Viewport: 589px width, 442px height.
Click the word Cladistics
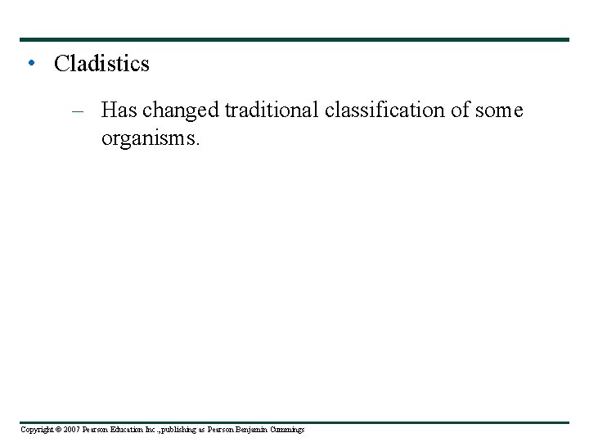[101, 64]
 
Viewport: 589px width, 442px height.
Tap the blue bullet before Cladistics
[30, 62]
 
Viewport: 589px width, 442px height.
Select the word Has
[119, 110]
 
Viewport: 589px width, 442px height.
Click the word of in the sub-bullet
[461, 110]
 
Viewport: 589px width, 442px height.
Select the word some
[499, 110]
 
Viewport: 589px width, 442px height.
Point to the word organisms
[150, 138]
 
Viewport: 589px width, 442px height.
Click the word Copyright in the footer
[35, 429]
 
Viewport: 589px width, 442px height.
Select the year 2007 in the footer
[68, 429]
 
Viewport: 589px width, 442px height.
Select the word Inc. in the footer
[146, 429]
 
